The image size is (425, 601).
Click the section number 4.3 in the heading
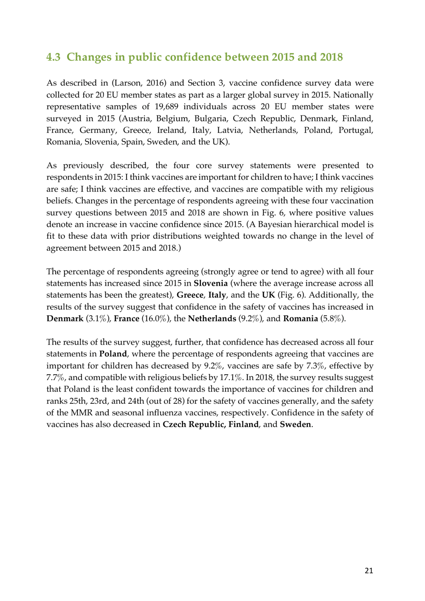(x=53, y=57)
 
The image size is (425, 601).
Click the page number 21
(x=369, y=570)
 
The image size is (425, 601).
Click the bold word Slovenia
(x=210, y=284)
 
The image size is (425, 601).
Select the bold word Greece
(x=190, y=295)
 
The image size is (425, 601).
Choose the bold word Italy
(x=217, y=295)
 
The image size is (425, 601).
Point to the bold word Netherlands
(x=212, y=319)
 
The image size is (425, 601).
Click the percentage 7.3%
(x=315, y=366)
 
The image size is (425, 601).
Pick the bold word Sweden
(x=295, y=424)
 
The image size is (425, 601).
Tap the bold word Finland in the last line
(x=243, y=424)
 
